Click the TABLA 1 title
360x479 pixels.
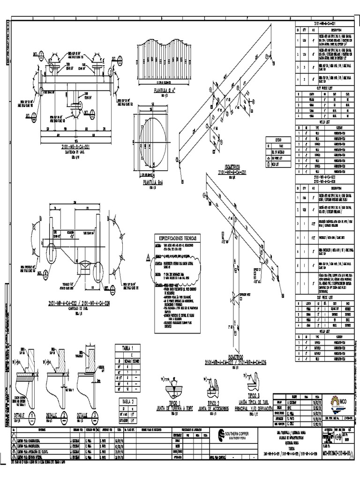click(128, 348)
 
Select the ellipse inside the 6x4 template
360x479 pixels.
click(157, 143)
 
